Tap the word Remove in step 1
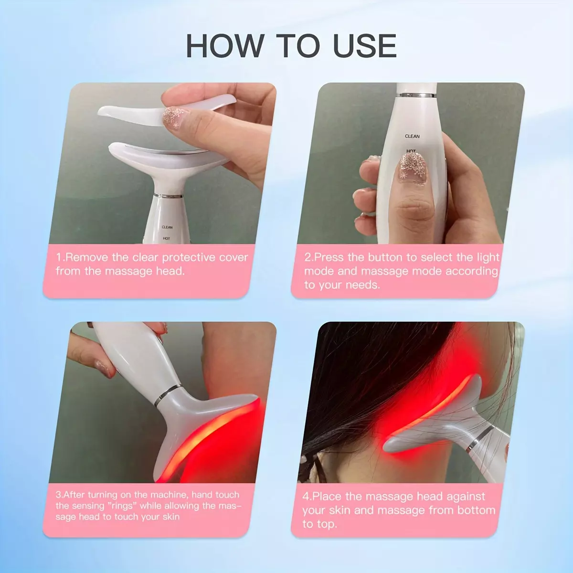(x=86, y=257)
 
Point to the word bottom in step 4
(x=477, y=510)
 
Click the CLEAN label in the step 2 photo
(x=412, y=136)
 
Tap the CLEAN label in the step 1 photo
(x=167, y=227)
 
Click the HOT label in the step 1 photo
(x=167, y=238)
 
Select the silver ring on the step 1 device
(x=168, y=196)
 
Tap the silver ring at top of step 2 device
(x=417, y=95)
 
